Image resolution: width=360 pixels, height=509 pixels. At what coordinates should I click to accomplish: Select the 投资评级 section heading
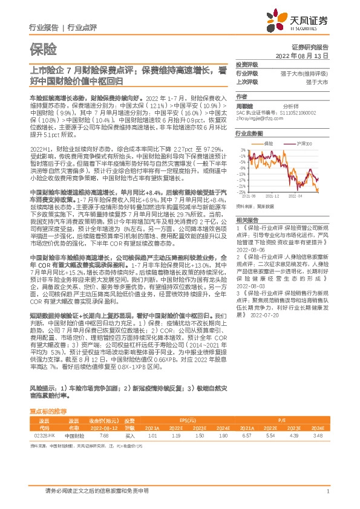click(x=246, y=65)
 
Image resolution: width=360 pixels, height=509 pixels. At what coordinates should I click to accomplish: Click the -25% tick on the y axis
click(x=241, y=192)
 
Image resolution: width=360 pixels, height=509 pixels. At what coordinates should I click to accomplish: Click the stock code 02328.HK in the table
click(x=44, y=435)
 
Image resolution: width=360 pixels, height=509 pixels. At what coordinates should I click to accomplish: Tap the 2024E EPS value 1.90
click(x=208, y=435)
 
